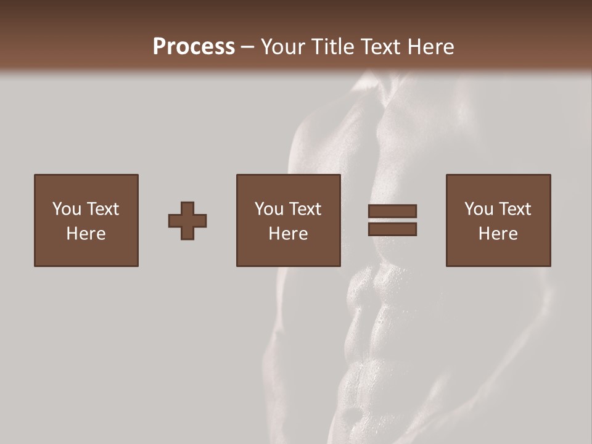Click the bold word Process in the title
[x=194, y=47]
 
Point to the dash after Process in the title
[x=247, y=47]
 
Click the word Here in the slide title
[x=430, y=47]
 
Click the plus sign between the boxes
[x=187, y=221]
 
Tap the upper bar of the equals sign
[x=392, y=211]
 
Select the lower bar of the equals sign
[x=392, y=229]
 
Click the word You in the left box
[x=67, y=209]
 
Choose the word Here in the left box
[x=86, y=234]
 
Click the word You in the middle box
[x=269, y=209]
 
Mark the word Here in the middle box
[x=288, y=234]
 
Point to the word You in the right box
[x=479, y=209]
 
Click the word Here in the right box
[x=498, y=234]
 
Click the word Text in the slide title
[x=380, y=47]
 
